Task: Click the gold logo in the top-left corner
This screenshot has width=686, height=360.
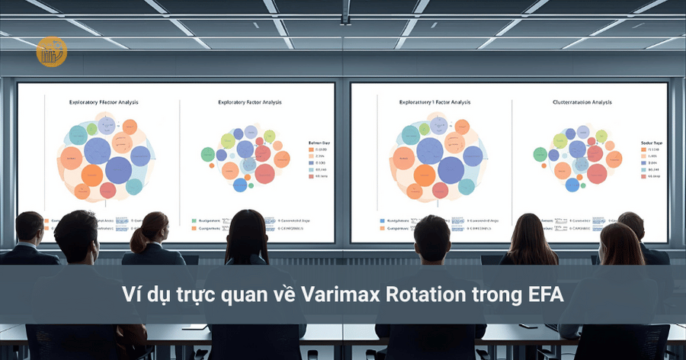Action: coord(51,51)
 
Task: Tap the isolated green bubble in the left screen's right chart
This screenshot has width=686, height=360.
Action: coord(207,154)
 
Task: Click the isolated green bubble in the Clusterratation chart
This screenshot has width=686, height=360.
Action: coord(540,154)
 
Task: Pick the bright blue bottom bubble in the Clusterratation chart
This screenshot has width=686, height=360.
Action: coord(572,185)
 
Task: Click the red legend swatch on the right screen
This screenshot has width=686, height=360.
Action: coord(643,175)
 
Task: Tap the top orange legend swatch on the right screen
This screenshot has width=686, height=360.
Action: coord(643,150)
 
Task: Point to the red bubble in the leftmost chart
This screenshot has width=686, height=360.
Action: coord(107,190)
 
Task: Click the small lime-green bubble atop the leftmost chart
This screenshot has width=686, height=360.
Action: coord(91,129)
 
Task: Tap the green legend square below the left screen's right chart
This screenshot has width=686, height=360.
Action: coord(194,220)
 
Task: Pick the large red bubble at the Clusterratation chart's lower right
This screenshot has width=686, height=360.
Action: coord(595,173)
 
